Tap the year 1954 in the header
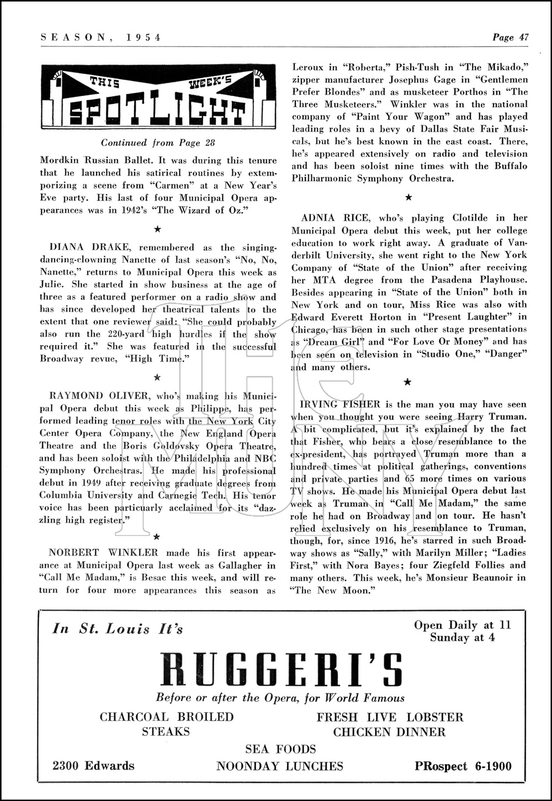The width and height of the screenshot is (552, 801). [x=142, y=38]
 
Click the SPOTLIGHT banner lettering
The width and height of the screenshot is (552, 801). [x=157, y=113]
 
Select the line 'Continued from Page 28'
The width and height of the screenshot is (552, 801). [x=158, y=143]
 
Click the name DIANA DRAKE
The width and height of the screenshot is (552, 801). [x=83, y=248]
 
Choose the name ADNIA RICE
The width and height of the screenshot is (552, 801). [x=336, y=218]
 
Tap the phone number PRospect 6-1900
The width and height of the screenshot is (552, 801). [x=463, y=766]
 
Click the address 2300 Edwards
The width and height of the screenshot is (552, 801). [x=93, y=766]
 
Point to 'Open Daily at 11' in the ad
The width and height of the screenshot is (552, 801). [x=463, y=625]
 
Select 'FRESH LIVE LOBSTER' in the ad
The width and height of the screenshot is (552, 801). [x=390, y=717]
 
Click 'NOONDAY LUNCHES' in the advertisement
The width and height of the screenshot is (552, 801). [x=280, y=766]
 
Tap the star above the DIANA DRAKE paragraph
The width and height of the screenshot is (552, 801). [x=157, y=229]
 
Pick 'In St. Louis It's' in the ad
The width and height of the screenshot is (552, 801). [x=118, y=629]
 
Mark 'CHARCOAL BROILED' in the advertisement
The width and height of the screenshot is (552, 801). [x=167, y=717]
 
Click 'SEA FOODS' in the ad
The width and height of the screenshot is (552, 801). [x=280, y=749]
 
